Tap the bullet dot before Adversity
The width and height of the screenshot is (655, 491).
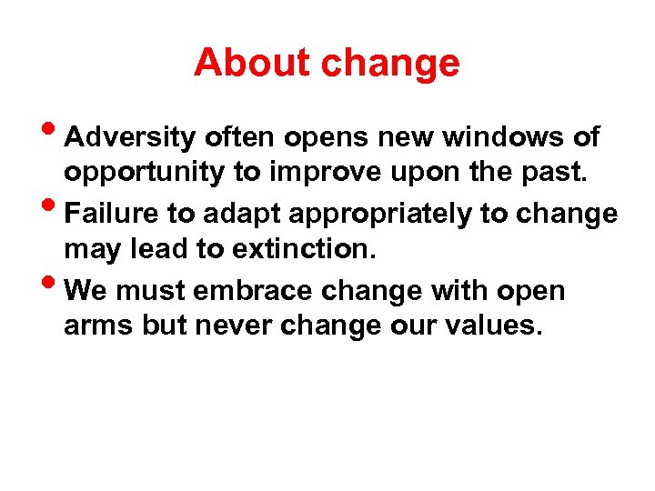(55, 132)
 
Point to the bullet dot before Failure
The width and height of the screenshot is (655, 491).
(55, 208)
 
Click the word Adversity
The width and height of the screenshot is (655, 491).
(131, 138)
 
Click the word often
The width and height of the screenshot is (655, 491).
(238, 137)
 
